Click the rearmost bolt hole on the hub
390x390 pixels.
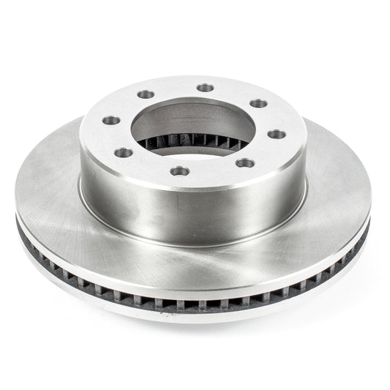(206, 88)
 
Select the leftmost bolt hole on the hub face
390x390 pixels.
(111, 121)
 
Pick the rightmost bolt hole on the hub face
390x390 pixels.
(276, 133)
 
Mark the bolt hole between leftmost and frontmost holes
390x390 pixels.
(124, 152)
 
